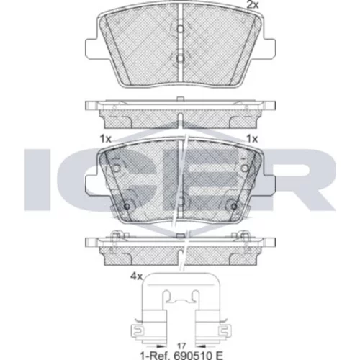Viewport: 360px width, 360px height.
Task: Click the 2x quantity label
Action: tap(253, 5)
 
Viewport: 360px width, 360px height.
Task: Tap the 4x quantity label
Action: tap(136, 276)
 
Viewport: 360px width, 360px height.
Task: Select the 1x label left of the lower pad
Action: tap(105, 139)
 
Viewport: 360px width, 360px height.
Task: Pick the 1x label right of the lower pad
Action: tap(252, 139)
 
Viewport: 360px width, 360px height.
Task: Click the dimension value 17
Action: tap(181, 346)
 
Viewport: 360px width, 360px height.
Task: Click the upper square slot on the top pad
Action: tap(181, 29)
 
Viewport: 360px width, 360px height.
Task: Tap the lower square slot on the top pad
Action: tap(181, 58)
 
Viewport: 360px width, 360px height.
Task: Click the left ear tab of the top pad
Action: tap(91, 48)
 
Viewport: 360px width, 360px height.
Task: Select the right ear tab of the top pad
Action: tap(269, 48)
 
